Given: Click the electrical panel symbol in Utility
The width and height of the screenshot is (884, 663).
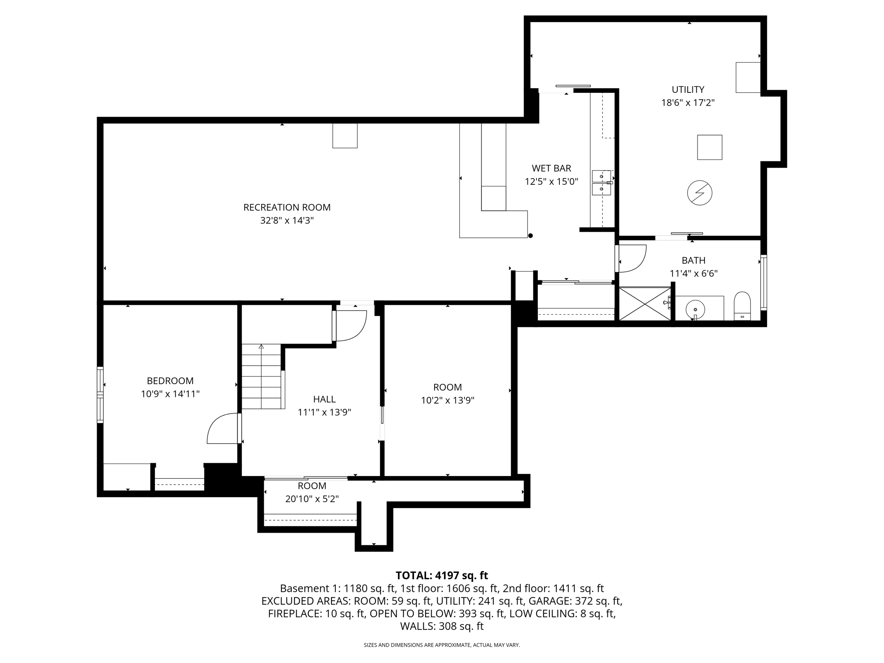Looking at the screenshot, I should pyautogui.click(x=699, y=193).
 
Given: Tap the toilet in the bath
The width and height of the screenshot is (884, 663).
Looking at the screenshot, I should pyautogui.click(x=742, y=306).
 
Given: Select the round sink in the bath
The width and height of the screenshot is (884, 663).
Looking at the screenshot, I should pyautogui.click(x=695, y=309).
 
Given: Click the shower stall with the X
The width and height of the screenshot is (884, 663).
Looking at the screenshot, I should pyautogui.click(x=645, y=304).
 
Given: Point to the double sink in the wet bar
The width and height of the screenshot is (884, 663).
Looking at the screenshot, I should pyautogui.click(x=601, y=183).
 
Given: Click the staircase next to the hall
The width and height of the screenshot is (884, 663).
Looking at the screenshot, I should pyautogui.click(x=262, y=376).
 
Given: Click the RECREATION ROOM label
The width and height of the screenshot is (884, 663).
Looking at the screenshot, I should pyautogui.click(x=287, y=207).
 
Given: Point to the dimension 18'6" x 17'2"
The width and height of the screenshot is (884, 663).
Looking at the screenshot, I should pyautogui.click(x=688, y=103).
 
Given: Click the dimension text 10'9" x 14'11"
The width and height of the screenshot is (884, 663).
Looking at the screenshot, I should pyautogui.click(x=170, y=394).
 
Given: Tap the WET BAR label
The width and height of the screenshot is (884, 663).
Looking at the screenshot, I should pyautogui.click(x=551, y=168).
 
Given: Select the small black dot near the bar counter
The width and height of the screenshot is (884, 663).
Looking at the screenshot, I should pyautogui.click(x=530, y=236).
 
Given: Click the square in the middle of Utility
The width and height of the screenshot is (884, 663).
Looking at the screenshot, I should pyautogui.click(x=710, y=147).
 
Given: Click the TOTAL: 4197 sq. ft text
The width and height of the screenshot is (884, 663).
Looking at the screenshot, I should pyautogui.click(x=442, y=575).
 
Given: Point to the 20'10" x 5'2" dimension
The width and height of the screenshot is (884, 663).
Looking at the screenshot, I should pyautogui.click(x=312, y=499).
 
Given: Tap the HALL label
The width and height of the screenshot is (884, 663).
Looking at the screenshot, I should pyautogui.click(x=324, y=399).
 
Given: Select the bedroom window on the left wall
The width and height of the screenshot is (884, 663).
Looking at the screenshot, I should pyautogui.click(x=100, y=395).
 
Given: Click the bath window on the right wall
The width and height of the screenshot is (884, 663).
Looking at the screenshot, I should pyautogui.click(x=763, y=283).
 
